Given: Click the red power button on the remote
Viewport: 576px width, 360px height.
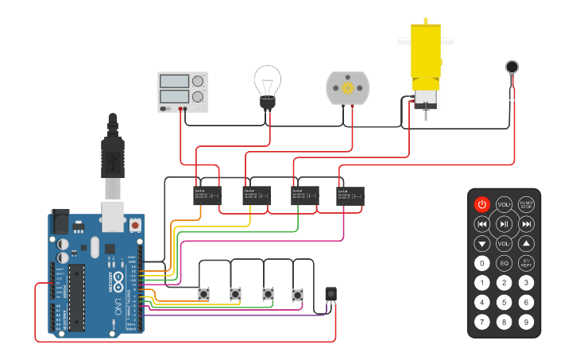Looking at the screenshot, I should click(482, 204).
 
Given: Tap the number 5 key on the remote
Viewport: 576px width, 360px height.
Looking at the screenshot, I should click(504, 302).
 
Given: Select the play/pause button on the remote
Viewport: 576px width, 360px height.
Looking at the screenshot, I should click(504, 224).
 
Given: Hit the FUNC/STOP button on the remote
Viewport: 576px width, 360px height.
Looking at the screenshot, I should click(526, 204).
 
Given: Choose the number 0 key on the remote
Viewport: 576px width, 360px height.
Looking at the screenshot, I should click(482, 263).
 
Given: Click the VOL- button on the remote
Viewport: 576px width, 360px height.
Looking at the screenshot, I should click(504, 243).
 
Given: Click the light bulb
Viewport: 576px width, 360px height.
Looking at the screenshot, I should click(268, 86).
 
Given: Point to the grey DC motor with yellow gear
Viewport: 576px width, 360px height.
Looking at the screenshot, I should click(348, 87).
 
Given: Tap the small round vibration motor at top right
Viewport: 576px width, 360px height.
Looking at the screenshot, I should click(512, 68).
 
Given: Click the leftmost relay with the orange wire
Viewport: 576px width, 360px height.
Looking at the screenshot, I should click(207, 195).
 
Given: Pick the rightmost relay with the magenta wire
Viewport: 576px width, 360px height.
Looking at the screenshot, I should click(350, 195).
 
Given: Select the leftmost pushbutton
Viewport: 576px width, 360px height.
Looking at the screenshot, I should click(204, 294).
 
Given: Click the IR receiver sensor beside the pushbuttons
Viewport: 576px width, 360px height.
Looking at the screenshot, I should click(331, 294).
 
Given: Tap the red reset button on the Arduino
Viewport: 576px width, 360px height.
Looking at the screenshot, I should click(135, 226).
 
